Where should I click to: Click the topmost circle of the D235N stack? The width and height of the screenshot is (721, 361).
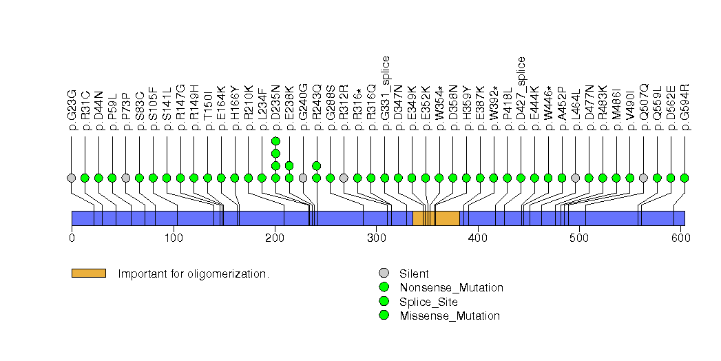pyautogui.click(x=275, y=141)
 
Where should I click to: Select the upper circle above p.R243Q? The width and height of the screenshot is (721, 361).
pyautogui.click(x=317, y=165)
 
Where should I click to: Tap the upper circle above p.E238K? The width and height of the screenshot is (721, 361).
pyautogui.click(x=289, y=165)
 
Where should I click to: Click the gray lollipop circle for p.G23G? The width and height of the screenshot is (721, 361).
pyautogui.click(x=72, y=178)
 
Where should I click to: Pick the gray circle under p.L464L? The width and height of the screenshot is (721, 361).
pyautogui.click(x=576, y=178)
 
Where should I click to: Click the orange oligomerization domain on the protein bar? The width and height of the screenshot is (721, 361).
pyautogui.click(x=436, y=218)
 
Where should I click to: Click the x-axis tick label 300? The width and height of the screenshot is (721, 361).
pyautogui.click(x=375, y=238)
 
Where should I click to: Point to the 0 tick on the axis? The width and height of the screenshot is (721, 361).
pyautogui.click(x=72, y=238)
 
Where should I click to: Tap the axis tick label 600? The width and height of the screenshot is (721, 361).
pyautogui.click(x=679, y=238)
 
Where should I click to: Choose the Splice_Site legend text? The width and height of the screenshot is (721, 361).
pyautogui.click(x=428, y=302)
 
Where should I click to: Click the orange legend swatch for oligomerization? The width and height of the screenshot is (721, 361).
pyautogui.click(x=88, y=274)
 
